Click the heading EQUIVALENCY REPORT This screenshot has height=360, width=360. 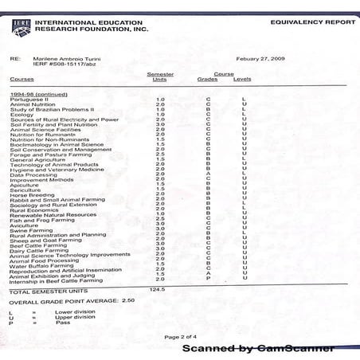(307, 23)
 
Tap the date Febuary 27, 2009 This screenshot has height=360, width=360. (260, 58)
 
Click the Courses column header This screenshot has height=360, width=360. (22, 79)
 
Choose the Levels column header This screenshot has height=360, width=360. (242, 79)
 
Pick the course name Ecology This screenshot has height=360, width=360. (22, 114)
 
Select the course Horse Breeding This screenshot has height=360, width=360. (33, 194)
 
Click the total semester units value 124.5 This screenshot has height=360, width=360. (157, 290)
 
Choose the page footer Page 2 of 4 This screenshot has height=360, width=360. (180, 337)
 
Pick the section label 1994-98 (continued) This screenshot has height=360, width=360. (34, 93)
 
